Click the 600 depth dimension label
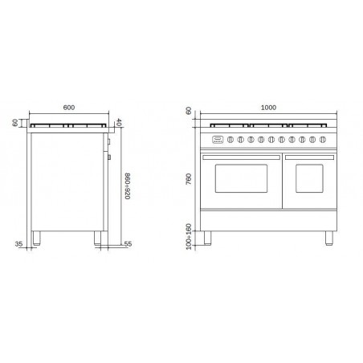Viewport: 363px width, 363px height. (x=69, y=108)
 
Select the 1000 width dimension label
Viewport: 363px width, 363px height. (x=268, y=108)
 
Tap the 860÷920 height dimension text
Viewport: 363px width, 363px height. (x=128, y=186)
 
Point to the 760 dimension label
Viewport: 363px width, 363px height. (x=189, y=179)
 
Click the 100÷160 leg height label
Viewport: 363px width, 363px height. (x=189, y=237)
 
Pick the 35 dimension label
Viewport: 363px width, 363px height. (x=18, y=244)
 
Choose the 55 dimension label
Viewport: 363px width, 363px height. (x=128, y=244)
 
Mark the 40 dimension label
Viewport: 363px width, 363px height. (x=119, y=123)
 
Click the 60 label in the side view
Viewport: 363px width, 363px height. (x=15, y=123)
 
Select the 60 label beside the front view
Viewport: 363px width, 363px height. (x=189, y=111)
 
